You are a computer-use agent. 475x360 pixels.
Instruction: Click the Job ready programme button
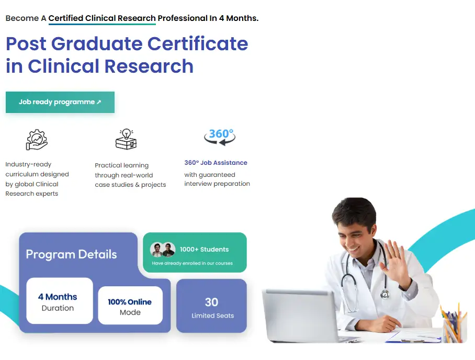click(x=60, y=102)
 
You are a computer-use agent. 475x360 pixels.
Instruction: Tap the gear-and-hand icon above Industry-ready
click(x=37, y=140)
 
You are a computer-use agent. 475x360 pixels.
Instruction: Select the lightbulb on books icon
click(x=126, y=139)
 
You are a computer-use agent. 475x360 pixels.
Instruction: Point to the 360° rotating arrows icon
click(x=220, y=137)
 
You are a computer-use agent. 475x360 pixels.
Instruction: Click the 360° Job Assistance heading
click(x=216, y=163)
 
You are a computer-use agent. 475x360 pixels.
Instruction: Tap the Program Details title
click(x=71, y=254)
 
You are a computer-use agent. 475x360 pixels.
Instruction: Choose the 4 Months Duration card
click(x=60, y=300)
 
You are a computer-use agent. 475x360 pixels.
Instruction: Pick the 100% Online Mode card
click(x=130, y=306)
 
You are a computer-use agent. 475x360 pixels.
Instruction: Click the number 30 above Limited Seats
click(x=211, y=302)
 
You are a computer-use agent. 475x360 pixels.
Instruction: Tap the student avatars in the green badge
click(x=163, y=250)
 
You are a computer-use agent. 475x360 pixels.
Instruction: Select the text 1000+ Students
click(x=204, y=250)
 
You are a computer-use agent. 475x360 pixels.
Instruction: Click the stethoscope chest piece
click(x=384, y=294)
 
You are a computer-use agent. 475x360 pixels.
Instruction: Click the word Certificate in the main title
click(x=198, y=43)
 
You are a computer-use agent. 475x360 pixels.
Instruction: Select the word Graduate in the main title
click(x=97, y=43)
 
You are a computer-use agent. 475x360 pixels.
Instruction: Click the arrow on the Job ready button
click(x=99, y=102)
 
